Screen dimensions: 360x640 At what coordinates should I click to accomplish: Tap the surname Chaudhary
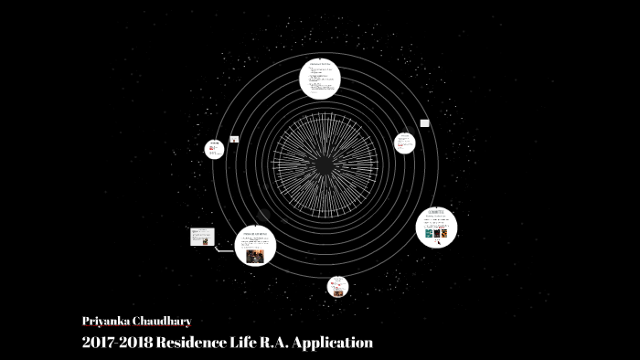pos(163,322)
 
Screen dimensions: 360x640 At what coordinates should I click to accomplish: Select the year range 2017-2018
pos(115,343)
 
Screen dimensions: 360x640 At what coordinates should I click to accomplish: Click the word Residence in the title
pos(195,343)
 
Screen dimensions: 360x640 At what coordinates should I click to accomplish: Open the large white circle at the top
pos(320,78)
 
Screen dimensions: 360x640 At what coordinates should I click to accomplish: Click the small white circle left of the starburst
pos(214,149)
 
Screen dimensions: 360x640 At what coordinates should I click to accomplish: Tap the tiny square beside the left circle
pos(235,140)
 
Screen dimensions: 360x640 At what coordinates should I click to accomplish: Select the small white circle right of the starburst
pos(404,143)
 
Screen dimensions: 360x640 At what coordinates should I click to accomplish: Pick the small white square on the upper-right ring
pos(424,122)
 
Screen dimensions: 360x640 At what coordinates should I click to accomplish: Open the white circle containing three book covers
pos(436,228)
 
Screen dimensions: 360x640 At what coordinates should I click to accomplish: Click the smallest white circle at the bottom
pos(337,287)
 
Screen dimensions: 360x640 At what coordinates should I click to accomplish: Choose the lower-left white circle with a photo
pos(255,245)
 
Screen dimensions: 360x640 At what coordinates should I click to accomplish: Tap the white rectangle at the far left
pos(202,237)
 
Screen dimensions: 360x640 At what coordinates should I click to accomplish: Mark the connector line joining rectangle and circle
pos(225,248)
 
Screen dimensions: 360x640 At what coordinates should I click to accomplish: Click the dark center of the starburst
pos(324,164)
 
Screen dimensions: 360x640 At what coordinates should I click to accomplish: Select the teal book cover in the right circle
pos(429,233)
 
